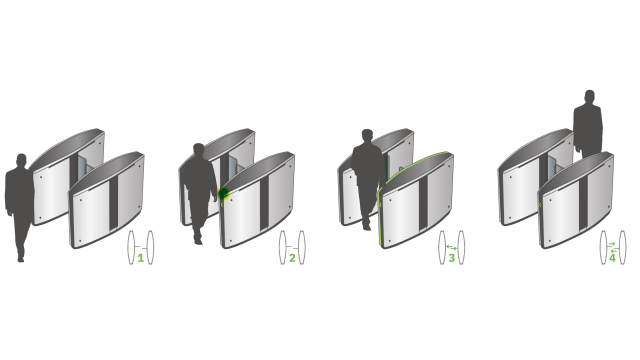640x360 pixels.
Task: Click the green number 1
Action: (x=141, y=258)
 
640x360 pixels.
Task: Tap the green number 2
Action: (x=292, y=258)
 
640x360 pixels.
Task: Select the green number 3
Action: (x=451, y=258)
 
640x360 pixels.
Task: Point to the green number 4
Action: (x=612, y=257)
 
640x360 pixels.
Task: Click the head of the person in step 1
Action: (x=22, y=161)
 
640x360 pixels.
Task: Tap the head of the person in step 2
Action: (x=198, y=150)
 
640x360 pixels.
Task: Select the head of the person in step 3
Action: (x=367, y=135)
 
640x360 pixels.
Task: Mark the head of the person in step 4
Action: (x=589, y=97)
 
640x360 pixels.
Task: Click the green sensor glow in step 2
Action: (x=225, y=193)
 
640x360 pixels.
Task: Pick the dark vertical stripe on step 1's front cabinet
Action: (x=113, y=200)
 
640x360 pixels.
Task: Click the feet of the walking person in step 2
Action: (x=198, y=238)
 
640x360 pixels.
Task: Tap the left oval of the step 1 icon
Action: (x=131, y=247)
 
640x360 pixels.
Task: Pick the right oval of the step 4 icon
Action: (x=622, y=247)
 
